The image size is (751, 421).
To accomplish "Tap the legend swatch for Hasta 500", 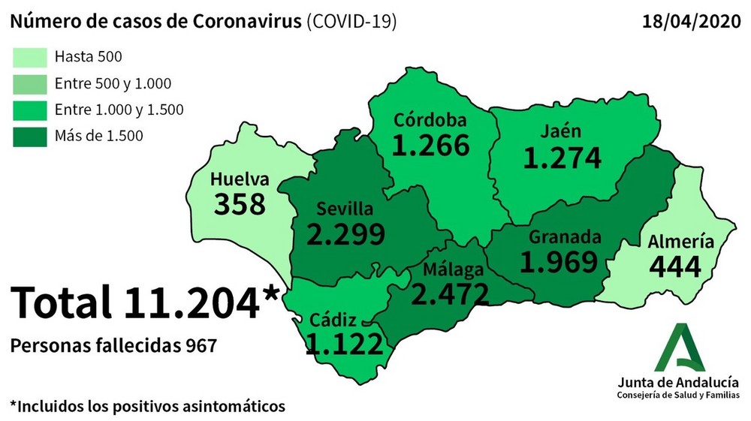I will [29, 57].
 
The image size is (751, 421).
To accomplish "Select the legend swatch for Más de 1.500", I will [29, 136].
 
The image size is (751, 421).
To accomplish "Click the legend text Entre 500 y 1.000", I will [113, 83].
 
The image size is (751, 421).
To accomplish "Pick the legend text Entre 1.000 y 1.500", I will [119, 110].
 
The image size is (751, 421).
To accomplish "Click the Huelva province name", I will [239, 180].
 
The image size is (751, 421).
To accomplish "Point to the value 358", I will [240, 204].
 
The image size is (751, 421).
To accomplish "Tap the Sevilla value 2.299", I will [346, 234].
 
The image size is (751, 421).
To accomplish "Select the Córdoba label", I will [430, 120].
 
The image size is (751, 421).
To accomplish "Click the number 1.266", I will [430, 146].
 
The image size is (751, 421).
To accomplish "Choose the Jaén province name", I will [561, 131].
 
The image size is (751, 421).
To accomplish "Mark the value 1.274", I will [562, 158].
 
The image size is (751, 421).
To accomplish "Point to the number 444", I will [675, 266].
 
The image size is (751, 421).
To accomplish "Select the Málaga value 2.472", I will [450, 293].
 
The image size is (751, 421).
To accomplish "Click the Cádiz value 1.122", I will [345, 343].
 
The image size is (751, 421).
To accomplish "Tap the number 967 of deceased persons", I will [201, 346].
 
